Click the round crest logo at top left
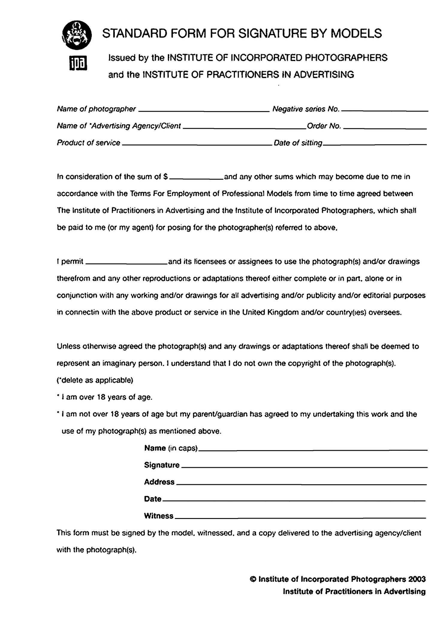pos(77,35)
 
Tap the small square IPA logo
pos(78,63)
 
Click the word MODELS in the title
pos(356,34)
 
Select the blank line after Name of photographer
pos(204,111)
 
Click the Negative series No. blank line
pos(385,111)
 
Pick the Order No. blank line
pos(385,128)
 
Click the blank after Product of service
pos(197,145)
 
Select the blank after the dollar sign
pos(196,179)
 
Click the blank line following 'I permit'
pos(126,263)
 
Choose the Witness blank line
pos(300,518)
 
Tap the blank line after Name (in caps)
pos(313,450)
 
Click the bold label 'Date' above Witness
pos(153,499)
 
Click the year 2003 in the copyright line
pos(417,579)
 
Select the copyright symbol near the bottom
pos(253,579)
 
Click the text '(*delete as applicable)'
pos(95,380)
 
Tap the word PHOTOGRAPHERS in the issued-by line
pos(346,57)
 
